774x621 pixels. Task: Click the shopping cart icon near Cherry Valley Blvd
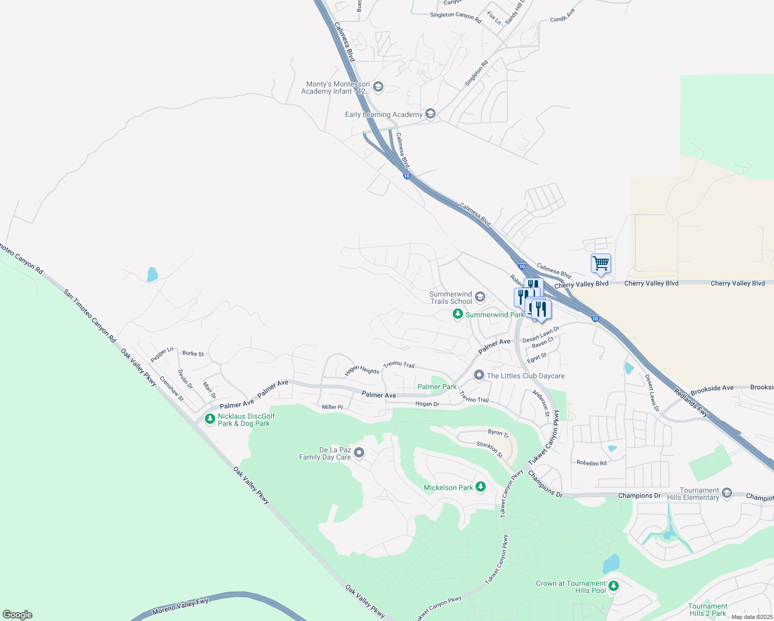[601, 263]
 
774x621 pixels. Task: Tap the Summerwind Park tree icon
[457, 314]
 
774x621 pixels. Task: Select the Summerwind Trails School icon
[480, 297]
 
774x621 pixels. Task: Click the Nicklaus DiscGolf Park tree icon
[210, 419]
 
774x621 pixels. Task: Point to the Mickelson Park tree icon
[481, 487]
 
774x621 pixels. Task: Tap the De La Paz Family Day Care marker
[359, 453]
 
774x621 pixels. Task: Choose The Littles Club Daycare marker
[479, 376]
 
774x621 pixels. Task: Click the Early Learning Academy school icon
[430, 114]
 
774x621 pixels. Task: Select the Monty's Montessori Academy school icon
[378, 86]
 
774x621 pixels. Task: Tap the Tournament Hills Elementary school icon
[727, 493]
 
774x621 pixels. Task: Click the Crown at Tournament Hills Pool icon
[614, 586]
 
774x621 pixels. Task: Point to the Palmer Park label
[437, 387]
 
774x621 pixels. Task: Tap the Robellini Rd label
[591, 463]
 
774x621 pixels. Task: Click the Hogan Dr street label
[427, 404]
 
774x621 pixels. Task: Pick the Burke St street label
[193, 353]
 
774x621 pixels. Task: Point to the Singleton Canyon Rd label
[455, 16]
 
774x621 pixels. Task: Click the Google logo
[18, 615]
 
